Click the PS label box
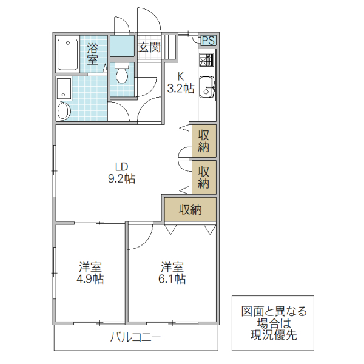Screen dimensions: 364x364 (207, 41)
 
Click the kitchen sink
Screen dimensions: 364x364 (207, 87)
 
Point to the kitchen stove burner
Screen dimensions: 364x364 (207, 60)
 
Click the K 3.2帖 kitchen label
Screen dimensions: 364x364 (181, 83)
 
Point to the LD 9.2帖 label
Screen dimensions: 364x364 (122, 173)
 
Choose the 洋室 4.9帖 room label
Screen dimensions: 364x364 (90, 273)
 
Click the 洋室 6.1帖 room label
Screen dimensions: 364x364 (172, 273)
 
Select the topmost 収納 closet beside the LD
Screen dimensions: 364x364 (204, 140)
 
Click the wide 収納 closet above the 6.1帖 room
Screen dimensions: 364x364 (190, 210)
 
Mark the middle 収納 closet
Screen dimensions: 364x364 (204, 176)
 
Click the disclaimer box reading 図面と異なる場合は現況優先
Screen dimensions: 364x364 (274, 323)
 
